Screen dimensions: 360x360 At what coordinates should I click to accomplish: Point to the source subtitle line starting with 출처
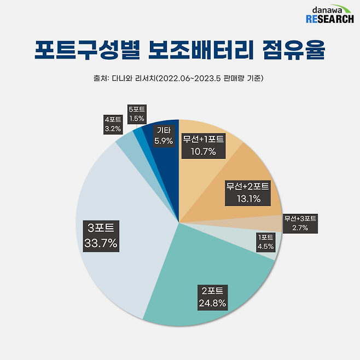(x=179, y=78)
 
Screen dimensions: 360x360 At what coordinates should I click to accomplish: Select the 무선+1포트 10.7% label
(x=203, y=144)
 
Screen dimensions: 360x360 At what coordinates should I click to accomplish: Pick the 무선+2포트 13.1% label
(x=247, y=193)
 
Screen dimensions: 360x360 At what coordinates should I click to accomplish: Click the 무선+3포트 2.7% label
(x=300, y=223)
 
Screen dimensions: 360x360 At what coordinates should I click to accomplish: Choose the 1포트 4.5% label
(x=266, y=242)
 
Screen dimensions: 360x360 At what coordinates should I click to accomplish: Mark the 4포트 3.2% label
(x=114, y=124)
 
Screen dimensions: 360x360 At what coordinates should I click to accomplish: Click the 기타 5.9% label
(x=164, y=136)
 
